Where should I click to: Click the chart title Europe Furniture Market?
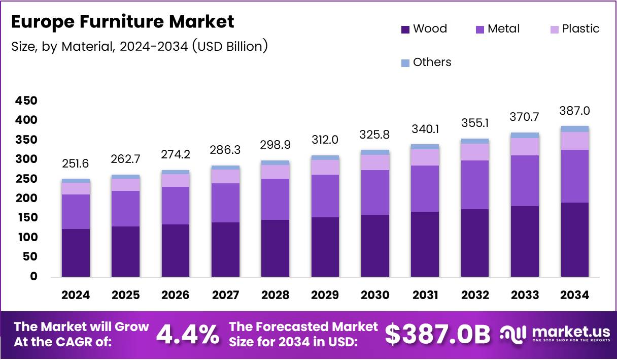coord(122,22)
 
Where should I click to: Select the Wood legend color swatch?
coord(405,29)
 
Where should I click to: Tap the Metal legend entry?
coord(497,29)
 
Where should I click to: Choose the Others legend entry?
coord(426,62)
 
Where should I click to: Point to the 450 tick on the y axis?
coord(26,101)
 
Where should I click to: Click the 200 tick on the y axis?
coord(26,199)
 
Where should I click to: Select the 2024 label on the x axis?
coord(76,295)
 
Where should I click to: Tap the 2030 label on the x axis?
coord(375,295)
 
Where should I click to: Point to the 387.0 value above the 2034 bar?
coord(574,111)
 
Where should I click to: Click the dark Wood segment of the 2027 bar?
coord(225,249)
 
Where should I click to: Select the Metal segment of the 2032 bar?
coord(474,185)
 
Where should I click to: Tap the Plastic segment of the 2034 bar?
coord(574,141)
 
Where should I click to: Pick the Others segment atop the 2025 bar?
coord(125,177)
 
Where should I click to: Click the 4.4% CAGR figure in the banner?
coord(187,334)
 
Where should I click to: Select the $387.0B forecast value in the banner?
coord(437,334)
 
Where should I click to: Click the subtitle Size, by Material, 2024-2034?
coord(139,46)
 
